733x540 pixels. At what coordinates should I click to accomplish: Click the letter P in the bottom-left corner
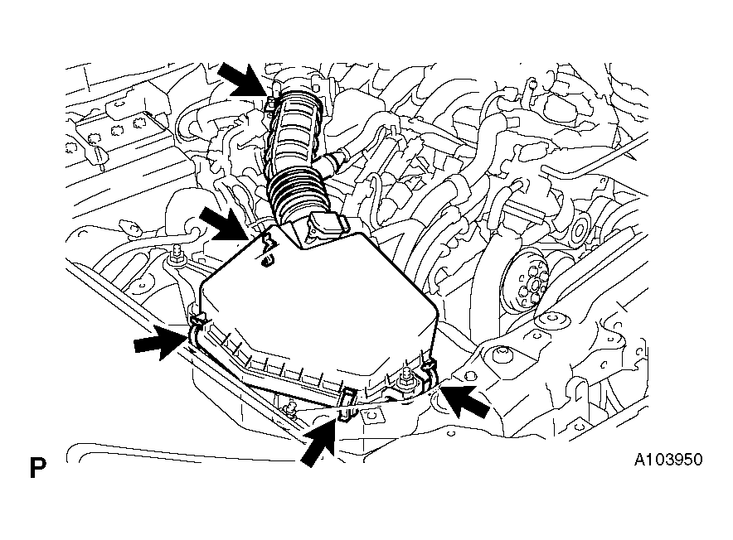pyautogui.click(x=38, y=468)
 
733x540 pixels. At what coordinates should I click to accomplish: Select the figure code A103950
pyautogui.click(x=668, y=460)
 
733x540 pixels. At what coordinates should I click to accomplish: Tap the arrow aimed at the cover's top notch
pyautogui.click(x=226, y=224)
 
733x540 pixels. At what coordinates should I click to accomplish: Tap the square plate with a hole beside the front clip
pyautogui.click(x=372, y=415)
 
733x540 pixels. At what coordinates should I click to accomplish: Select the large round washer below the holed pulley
pyautogui.click(x=553, y=320)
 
